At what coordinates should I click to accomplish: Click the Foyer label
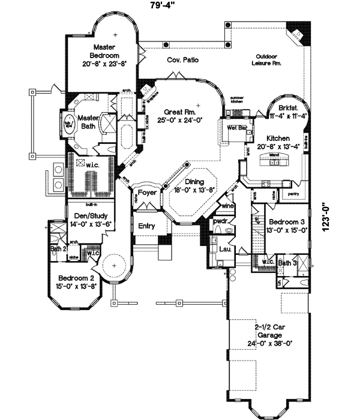[x=147, y=193]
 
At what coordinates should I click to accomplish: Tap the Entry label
[x=146, y=226]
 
